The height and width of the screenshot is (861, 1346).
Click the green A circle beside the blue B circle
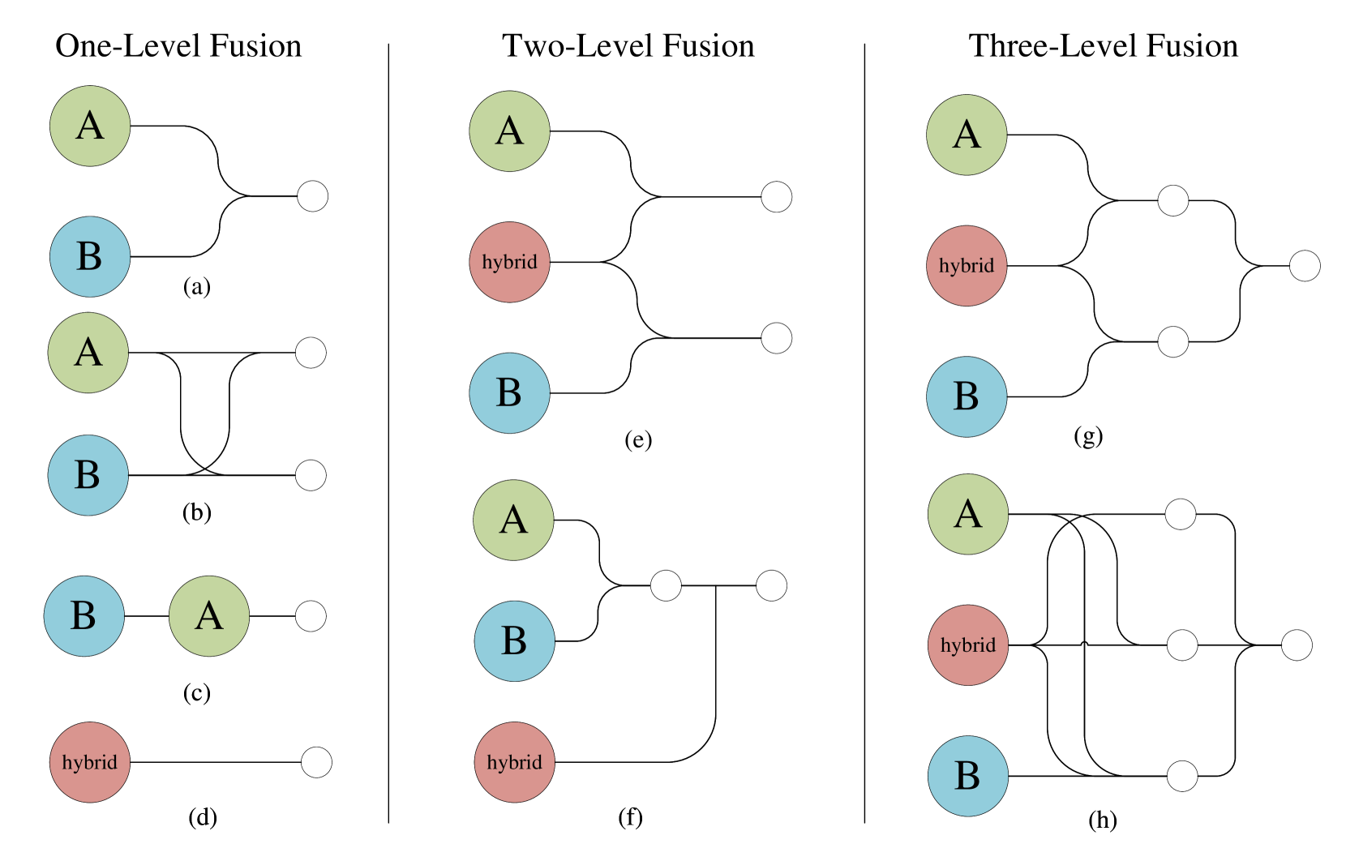click(x=209, y=616)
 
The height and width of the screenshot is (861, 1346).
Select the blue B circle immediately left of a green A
click(x=84, y=616)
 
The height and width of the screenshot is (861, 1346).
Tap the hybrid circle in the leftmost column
click(x=90, y=762)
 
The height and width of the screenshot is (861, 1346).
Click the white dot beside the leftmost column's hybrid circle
click(x=316, y=762)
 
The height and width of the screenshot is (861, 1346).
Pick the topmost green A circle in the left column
click(x=90, y=126)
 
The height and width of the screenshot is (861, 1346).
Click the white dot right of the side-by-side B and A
click(x=311, y=616)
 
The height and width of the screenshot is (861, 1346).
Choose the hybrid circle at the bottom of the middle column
click(x=514, y=762)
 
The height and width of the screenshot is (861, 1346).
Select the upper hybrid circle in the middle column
click(x=509, y=263)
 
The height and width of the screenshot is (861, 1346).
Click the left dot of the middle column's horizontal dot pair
click(x=666, y=585)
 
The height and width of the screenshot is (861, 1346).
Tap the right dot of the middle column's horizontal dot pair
click(x=771, y=585)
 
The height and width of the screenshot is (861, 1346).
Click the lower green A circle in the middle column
click(x=513, y=520)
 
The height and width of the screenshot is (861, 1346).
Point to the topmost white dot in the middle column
click(x=777, y=197)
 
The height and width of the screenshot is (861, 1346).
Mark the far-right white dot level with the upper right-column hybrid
click(x=1305, y=266)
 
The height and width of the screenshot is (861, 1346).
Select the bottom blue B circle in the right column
click(x=967, y=776)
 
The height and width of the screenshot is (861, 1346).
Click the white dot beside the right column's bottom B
click(x=1182, y=776)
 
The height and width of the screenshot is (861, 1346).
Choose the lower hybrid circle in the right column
click(x=967, y=645)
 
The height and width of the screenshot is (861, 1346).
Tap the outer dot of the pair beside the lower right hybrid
click(x=1297, y=645)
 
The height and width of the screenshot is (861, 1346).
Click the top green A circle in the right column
click(x=967, y=135)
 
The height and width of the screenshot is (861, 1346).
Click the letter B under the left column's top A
click(x=89, y=257)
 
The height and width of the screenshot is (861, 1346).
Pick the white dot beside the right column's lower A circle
click(x=1181, y=514)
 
